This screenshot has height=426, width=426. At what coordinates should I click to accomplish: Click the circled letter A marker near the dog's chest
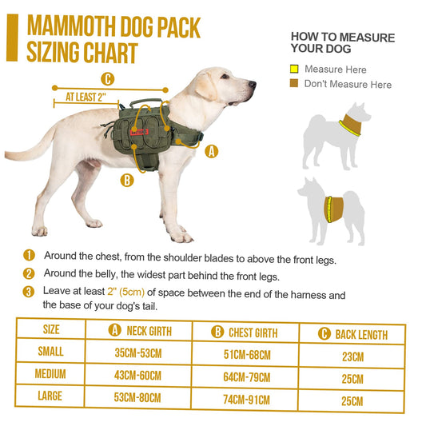click(211, 150)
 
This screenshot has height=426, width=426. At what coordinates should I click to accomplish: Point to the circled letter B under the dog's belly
click(126, 181)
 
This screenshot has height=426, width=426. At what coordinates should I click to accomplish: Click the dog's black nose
click(253, 83)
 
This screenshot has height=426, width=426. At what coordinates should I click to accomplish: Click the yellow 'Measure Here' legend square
click(294, 70)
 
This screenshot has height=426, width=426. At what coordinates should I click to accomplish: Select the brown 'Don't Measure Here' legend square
click(294, 84)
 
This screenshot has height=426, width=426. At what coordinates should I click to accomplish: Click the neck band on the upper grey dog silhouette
click(349, 125)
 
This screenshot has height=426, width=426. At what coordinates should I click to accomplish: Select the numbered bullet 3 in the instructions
click(30, 293)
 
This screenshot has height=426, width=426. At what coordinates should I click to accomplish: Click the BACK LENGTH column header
click(352, 334)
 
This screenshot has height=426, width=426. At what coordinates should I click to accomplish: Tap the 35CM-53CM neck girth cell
click(138, 351)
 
